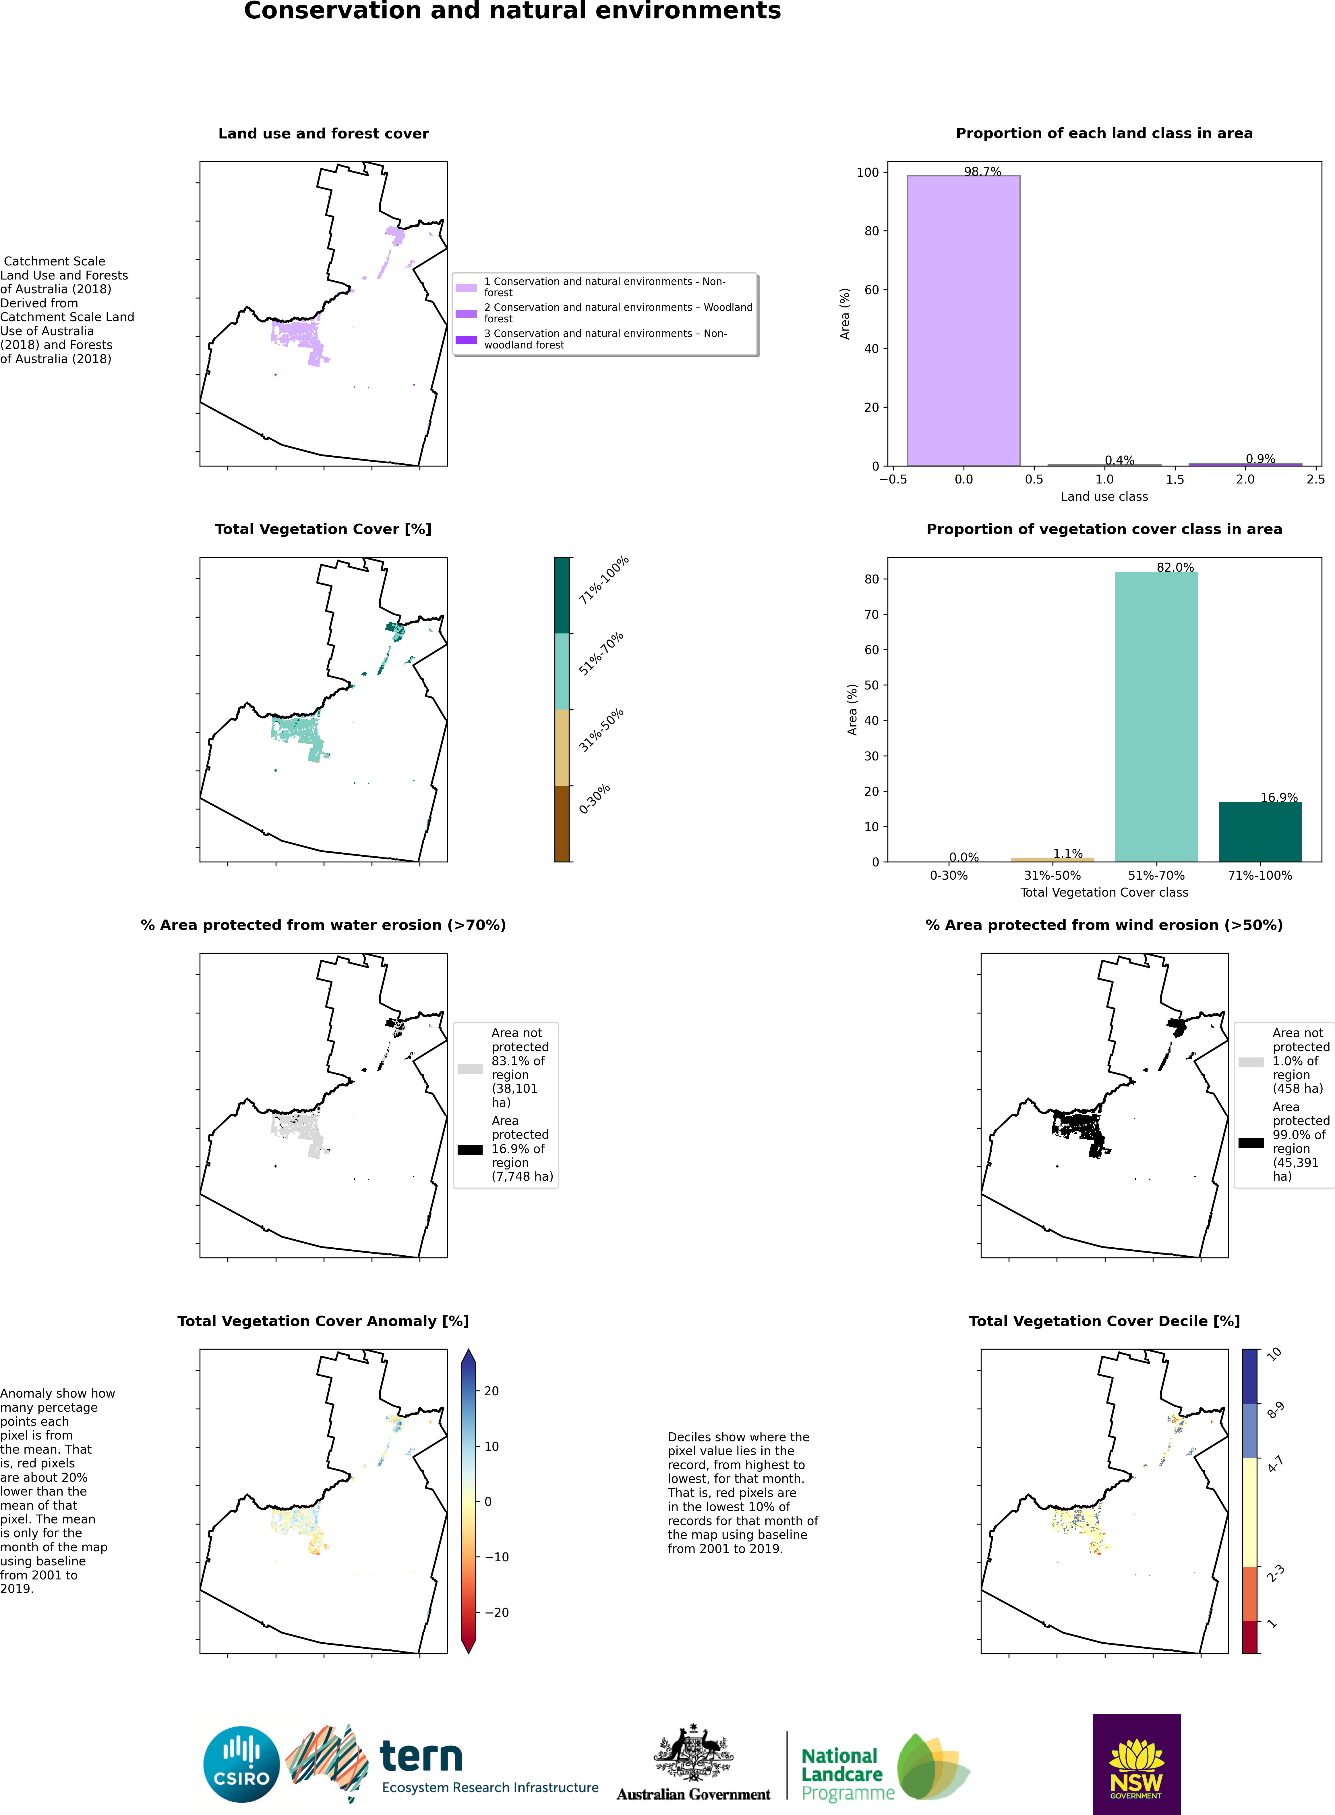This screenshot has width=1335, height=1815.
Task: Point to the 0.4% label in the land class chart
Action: pos(1119,460)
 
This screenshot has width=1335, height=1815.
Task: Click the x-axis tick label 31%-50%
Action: pos(1052,876)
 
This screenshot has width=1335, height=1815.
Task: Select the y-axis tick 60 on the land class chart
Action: pos(871,290)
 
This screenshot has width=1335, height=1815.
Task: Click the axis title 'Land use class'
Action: pos(1104,496)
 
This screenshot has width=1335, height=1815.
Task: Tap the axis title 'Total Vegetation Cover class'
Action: pos(1104,893)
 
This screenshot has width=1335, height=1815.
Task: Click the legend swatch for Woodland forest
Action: pos(466,314)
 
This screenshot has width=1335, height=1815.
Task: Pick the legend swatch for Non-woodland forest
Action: pos(466,340)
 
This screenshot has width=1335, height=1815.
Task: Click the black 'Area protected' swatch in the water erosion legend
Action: pos(469,1149)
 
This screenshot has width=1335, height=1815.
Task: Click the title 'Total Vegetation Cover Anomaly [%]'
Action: pos(323,1321)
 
